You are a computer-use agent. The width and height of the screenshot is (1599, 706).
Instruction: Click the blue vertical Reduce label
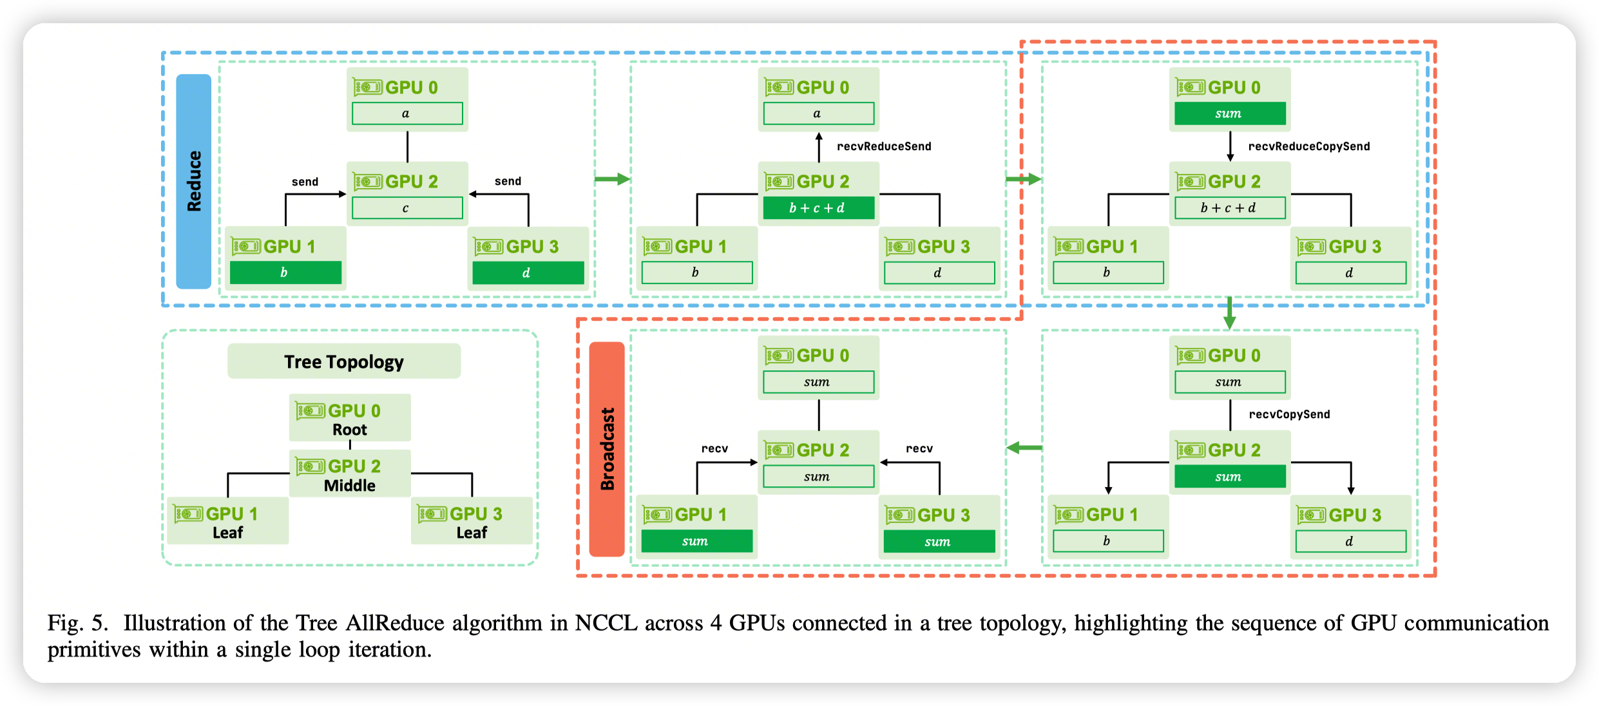194,181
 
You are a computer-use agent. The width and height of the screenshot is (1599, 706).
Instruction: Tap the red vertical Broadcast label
607,448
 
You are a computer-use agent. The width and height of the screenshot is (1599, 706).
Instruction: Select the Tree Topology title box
344,361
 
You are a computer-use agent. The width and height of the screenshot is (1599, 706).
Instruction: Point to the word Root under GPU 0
349,430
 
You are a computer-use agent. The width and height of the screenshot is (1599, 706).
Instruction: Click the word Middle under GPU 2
349,486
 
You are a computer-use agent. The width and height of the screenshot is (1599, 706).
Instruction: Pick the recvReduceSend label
884,146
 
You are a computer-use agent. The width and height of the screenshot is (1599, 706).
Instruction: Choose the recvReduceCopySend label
1309,146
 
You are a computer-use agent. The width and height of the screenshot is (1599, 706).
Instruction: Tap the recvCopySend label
1289,414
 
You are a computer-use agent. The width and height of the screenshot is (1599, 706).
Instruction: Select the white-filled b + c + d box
1229,208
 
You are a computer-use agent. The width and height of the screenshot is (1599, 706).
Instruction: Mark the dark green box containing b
285,272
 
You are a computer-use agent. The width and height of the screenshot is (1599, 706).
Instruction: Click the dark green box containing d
528,272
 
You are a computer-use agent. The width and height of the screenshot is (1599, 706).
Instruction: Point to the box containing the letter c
407,208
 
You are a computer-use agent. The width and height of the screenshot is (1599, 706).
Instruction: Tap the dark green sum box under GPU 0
1229,113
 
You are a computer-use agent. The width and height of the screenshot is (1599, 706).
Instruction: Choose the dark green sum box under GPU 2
1229,477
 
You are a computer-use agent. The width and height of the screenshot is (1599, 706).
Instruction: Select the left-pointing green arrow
1024,447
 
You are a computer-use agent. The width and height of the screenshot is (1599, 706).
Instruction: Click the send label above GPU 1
305,182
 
